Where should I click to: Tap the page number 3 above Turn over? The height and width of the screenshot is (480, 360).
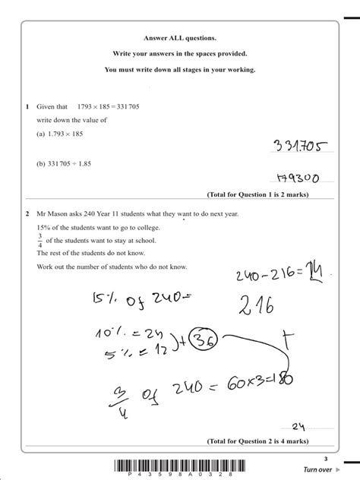pos(325,458)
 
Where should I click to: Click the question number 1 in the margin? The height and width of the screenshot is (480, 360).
pos(26,107)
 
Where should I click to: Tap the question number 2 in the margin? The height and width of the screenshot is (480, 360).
pos(26,215)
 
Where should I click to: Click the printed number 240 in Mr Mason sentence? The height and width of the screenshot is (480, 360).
pos(96,215)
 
